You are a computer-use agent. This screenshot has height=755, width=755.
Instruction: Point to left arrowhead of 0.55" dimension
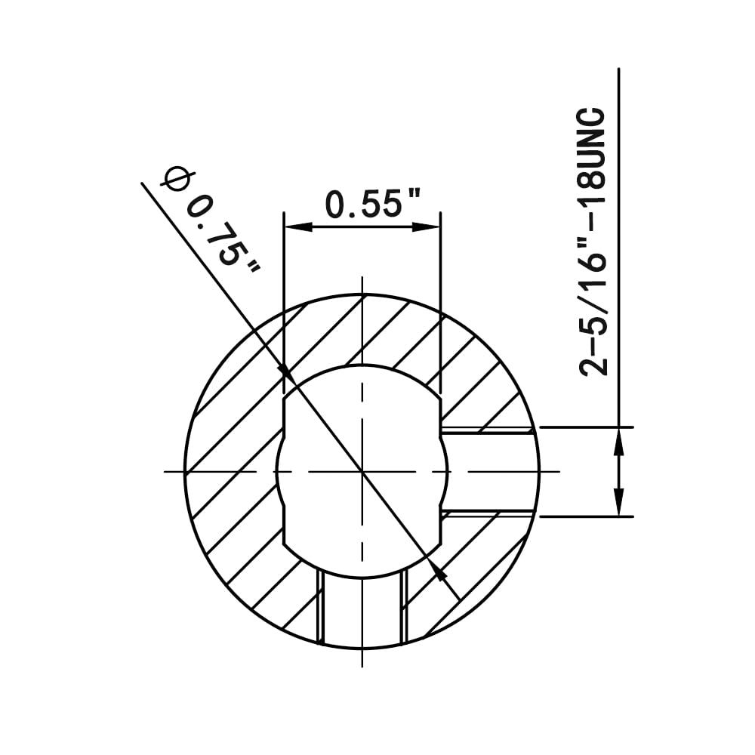[298, 226]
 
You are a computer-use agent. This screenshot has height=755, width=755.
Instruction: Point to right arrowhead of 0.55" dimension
[427, 226]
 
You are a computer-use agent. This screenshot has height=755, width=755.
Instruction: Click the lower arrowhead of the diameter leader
[438, 570]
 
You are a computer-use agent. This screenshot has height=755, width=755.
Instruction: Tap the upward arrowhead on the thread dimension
[619, 441]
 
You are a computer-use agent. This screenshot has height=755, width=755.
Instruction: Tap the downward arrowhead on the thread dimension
[619, 502]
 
